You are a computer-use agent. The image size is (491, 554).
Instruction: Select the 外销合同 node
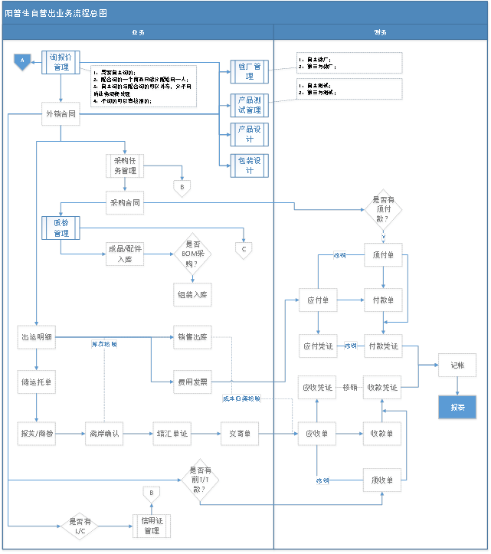pos(61,114)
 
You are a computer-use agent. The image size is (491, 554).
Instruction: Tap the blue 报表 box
pos(457,407)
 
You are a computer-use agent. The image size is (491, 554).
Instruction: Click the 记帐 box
pos(457,366)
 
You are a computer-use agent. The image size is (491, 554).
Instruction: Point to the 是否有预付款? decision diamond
pos(384,208)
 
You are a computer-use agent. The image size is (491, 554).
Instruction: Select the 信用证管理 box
pos(152,526)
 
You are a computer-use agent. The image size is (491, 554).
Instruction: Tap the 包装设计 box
pos(250,166)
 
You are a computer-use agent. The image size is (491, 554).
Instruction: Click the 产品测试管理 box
pos(250,105)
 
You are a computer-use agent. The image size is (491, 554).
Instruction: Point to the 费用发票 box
pos(191,380)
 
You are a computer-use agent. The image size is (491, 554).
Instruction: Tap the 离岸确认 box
pos(103,434)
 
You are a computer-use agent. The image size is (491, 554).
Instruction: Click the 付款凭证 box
pos(382,346)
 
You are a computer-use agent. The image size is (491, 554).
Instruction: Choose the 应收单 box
pos(316,434)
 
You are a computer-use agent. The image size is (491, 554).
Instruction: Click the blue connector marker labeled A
pos(23,61)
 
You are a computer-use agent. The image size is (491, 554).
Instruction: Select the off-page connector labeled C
pos(244,249)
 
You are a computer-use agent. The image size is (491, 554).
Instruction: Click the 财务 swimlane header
pos(380,32)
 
